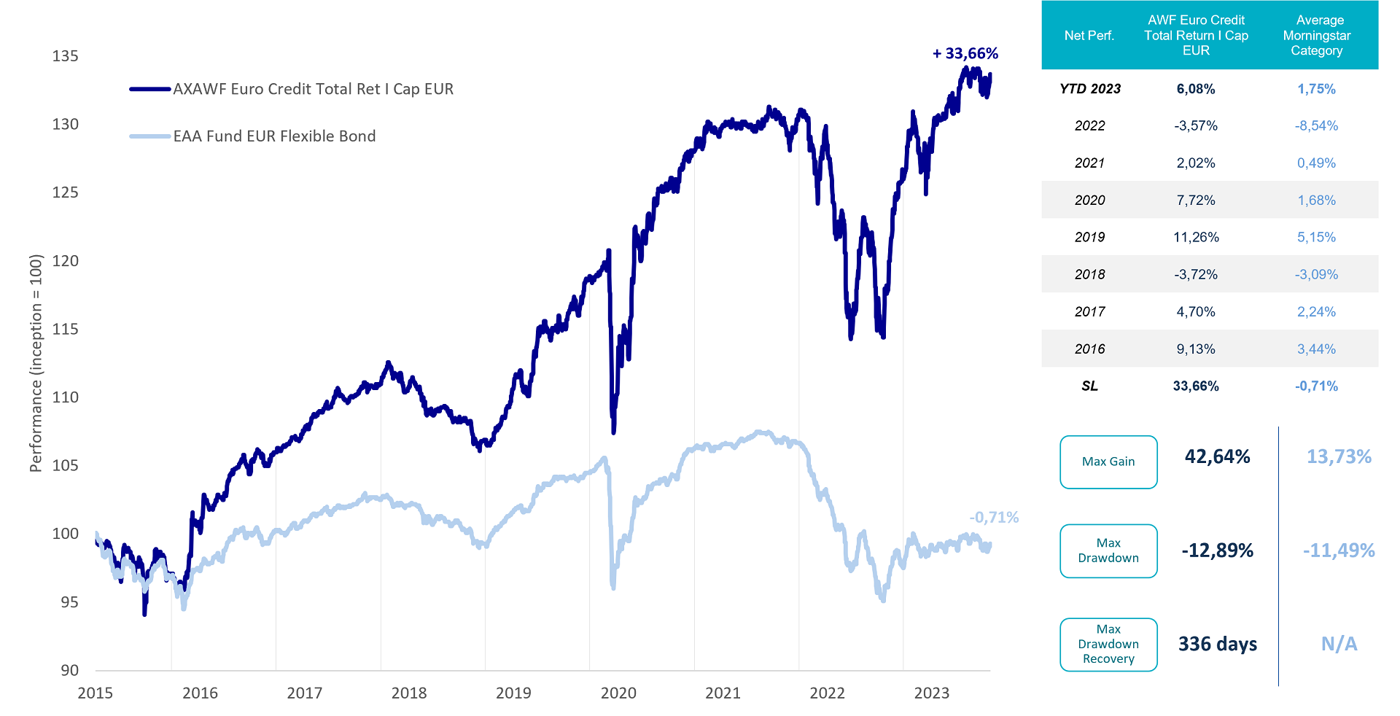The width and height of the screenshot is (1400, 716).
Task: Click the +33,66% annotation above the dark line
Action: click(x=965, y=53)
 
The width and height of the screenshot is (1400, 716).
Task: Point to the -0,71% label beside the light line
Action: click(x=994, y=517)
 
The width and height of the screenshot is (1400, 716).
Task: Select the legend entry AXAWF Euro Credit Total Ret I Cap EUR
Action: click(x=313, y=89)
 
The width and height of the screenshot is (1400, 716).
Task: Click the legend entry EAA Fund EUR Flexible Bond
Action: click(x=274, y=136)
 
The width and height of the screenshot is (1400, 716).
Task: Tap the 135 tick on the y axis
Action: click(x=65, y=56)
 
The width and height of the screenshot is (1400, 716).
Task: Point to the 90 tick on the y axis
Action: click(x=69, y=670)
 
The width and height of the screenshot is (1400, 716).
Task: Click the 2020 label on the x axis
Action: click(x=618, y=693)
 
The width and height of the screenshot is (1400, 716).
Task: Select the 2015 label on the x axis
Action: click(x=96, y=693)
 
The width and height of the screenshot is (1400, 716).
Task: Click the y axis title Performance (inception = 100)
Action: click(x=36, y=363)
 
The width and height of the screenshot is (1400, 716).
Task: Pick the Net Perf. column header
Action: click(x=1089, y=35)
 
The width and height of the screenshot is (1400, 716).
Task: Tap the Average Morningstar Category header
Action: click(x=1316, y=35)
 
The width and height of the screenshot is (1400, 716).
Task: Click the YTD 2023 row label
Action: click(x=1090, y=89)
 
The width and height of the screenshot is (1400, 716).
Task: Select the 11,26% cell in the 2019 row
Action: click(x=1196, y=237)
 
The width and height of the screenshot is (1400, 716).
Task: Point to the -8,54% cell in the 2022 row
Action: click(x=1316, y=125)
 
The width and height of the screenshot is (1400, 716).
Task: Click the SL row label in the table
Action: click(x=1089, y=386)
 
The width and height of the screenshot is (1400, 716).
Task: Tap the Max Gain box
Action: click(x=1108, y=462)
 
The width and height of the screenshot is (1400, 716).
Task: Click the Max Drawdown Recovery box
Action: click(x=1108, y=644)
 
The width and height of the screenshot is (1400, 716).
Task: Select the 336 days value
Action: click(x=1218, y=644)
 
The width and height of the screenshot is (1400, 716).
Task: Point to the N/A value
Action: click(x=1339, y=644)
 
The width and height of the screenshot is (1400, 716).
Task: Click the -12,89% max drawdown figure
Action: click(x=1217, y=550)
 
